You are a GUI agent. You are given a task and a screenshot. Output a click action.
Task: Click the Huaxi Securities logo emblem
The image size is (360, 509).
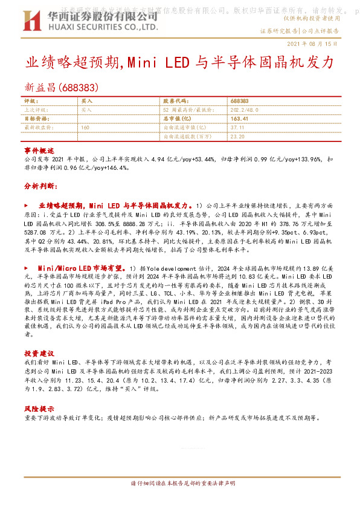(31, 20)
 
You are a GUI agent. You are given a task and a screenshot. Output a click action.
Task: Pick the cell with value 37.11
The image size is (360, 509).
(237, 128)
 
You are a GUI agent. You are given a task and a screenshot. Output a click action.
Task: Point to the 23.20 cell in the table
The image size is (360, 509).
(237, 137)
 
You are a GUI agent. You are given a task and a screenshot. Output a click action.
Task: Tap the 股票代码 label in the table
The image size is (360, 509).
(173, 101)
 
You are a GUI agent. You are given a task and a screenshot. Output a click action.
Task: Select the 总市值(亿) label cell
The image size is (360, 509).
(176, 119)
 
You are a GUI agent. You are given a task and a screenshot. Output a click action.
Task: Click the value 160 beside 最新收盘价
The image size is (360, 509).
(85, 128)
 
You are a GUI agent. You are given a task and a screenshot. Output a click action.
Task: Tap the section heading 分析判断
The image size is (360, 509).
(40, 186)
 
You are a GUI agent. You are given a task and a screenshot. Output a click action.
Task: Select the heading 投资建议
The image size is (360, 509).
(39, 352)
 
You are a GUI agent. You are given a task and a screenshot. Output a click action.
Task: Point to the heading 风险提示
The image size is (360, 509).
(39, 408)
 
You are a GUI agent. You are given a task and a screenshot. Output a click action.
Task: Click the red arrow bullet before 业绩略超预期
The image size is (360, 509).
(26, 206)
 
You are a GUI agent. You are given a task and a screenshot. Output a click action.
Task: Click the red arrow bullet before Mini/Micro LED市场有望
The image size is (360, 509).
(26, 267)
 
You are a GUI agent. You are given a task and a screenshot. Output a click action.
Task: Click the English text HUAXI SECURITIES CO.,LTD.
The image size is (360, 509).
(99, 27)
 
